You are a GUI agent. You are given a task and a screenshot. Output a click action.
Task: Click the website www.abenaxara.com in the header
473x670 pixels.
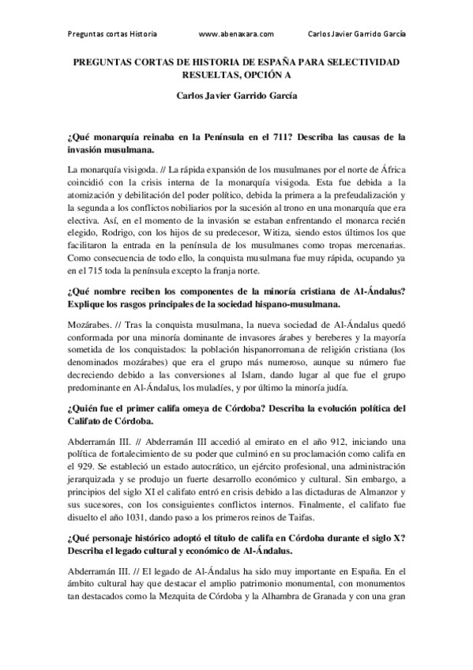pyautogui.click(x=237, y=35)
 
